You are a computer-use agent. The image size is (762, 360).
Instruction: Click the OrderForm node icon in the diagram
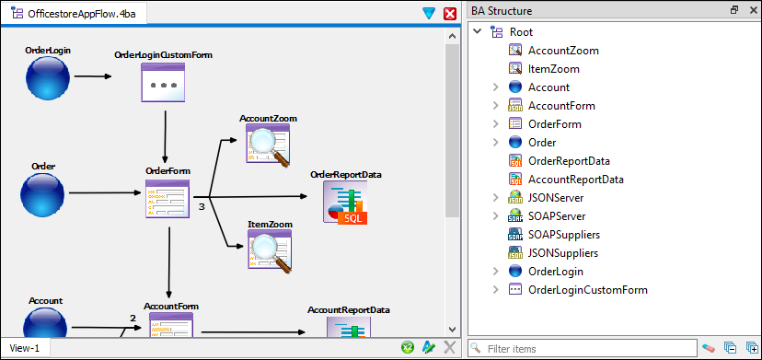(167, 198)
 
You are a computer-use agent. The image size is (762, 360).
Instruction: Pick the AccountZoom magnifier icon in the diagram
(268, 145)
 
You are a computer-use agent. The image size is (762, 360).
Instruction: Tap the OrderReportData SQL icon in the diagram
(345, 202)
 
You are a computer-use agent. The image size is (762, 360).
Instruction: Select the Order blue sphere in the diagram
(42, 194)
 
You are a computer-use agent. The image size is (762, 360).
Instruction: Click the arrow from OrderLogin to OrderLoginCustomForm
(92, 77)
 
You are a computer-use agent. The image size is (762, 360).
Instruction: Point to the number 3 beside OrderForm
(202, 208)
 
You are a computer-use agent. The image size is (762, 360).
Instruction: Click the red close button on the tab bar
(450, 13)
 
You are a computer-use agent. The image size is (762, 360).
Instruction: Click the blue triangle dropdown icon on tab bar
(429, 13)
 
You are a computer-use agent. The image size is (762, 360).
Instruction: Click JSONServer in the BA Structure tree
(555, 198)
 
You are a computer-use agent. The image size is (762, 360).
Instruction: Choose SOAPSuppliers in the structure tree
(563, 235)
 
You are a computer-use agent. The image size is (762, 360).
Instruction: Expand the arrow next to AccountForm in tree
(495, 106)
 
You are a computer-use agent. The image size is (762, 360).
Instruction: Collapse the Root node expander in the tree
(477, 32)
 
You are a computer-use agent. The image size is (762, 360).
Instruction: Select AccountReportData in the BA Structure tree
(575, 180)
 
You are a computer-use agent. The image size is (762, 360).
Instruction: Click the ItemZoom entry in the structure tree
(554, 69)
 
